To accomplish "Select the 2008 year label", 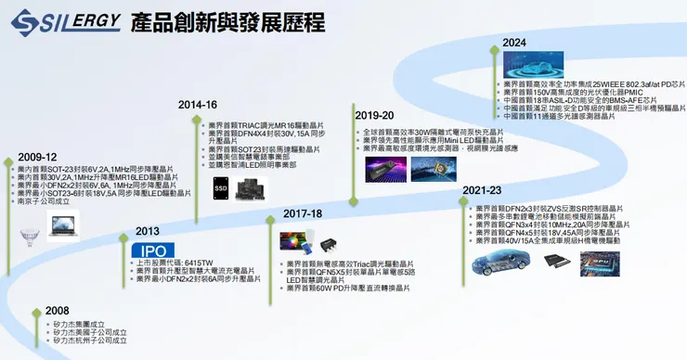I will point(58,310).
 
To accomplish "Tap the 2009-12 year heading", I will point(38,157).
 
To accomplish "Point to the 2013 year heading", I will point(148,231).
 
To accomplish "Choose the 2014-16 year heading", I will point(199,105).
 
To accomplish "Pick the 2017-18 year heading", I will point(303,213).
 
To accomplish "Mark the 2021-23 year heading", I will point(483,190).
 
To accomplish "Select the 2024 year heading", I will point(515,43).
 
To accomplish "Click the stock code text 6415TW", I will point(189,263).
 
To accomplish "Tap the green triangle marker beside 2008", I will point(35,311).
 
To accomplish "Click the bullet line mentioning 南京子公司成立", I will point(46,199).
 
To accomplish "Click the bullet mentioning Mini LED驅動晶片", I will point(436,140).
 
